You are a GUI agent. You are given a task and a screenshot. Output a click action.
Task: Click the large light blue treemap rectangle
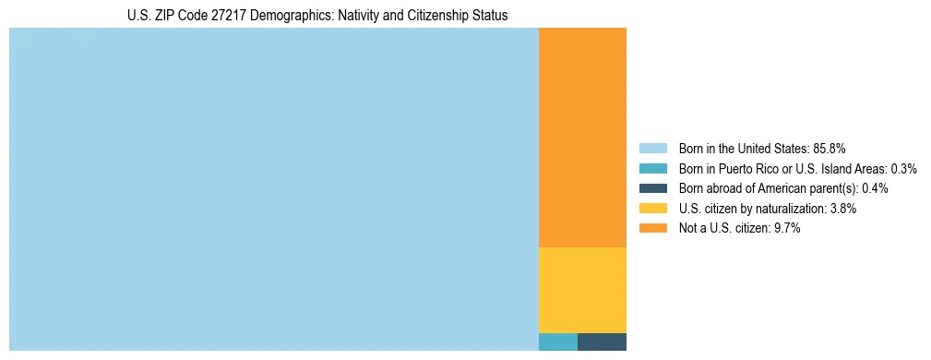coord(273,189)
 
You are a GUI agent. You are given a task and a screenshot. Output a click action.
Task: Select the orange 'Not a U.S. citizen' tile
coord(582,138)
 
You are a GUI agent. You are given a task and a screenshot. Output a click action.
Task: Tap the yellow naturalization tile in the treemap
coord(582,290)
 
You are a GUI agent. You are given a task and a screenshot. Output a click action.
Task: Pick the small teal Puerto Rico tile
coord(557,342)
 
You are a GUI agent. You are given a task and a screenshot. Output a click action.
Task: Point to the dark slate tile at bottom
coord(602,342)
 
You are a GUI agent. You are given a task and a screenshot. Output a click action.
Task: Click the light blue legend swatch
coord(652,149)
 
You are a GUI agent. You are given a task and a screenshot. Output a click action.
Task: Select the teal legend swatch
coord(652,169)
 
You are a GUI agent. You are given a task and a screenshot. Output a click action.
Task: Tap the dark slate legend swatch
coord(652,188)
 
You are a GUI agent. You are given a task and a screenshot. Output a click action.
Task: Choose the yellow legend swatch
coord(652,209)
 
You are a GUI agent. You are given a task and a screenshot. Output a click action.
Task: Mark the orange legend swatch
coord(652,228)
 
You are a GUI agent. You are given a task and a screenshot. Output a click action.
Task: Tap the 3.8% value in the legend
coord(842,209)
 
